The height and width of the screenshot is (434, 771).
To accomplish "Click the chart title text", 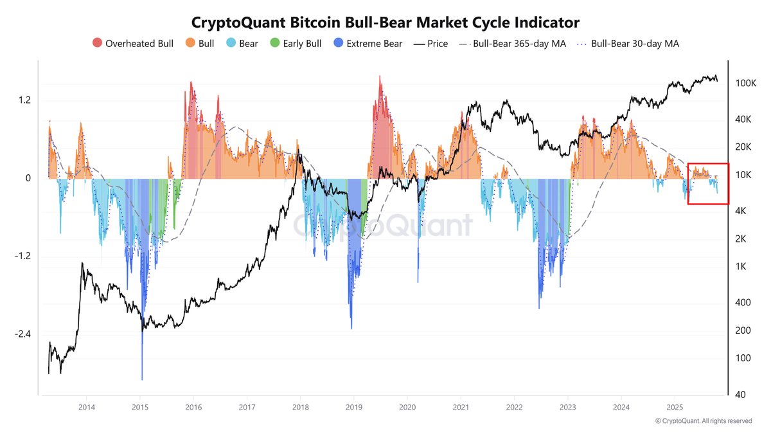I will tap(385, 23).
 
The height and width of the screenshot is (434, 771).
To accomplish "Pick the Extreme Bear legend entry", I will tap(369, 44).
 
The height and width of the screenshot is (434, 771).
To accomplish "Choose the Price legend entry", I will tap(430, 44).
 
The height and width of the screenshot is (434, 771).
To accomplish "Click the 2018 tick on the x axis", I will tap(300, 407).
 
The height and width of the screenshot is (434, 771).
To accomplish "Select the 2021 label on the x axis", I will tap(460, 407).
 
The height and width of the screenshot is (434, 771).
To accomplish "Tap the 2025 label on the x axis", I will tap(675, 407).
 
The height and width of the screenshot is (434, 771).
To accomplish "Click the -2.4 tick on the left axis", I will tap(24, 334).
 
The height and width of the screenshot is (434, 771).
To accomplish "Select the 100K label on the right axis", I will tap(747, 84).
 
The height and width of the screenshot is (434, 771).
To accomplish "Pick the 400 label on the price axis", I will tap(743, 302).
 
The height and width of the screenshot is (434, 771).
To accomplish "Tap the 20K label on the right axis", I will tap(744, 147).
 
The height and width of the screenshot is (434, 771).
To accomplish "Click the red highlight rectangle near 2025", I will tap(708, 184).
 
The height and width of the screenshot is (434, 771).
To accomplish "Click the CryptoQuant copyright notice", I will tap(703, 421).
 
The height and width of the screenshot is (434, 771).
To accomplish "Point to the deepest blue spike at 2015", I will tap(141, 376).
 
